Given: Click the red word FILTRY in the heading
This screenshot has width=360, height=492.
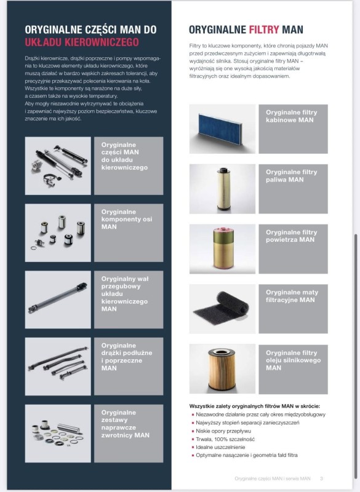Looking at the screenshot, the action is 264,30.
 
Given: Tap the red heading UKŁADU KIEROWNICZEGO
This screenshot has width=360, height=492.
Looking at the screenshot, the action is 82,42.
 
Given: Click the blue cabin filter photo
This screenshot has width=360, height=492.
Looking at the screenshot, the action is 222,129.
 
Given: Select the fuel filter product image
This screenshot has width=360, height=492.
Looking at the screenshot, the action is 222,189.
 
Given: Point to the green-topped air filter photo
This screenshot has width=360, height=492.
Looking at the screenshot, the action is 222,249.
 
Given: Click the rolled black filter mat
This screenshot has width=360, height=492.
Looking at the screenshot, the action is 222,309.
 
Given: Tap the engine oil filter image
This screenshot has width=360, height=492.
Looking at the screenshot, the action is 222,368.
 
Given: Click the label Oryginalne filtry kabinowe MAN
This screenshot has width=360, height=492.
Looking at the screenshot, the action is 291,116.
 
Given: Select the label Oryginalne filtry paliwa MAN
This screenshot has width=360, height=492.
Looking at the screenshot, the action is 291,176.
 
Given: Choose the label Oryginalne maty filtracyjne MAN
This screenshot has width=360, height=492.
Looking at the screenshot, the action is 292,296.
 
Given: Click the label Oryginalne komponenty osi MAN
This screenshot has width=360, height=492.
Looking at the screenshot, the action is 127,219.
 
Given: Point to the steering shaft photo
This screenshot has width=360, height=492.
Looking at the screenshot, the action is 58,300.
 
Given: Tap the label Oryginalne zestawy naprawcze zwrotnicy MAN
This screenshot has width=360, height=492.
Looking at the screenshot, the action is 126,424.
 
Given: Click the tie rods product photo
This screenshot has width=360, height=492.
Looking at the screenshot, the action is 58,367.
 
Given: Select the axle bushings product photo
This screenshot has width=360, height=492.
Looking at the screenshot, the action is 58,233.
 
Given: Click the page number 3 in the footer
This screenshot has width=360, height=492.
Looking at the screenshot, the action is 321,478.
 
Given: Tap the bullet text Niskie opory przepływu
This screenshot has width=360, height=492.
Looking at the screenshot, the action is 223,431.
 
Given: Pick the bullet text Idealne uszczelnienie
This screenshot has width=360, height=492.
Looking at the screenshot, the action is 220,447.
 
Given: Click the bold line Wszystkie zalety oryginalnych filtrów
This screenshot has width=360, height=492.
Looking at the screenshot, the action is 255,406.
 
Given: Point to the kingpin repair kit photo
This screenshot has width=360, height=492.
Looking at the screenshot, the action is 58,434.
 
